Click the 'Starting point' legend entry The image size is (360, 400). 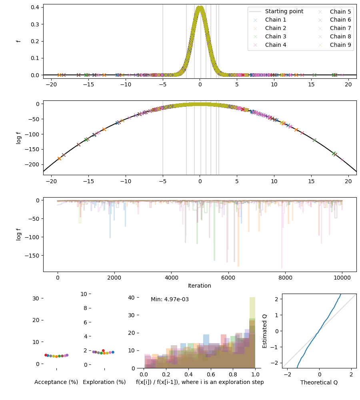[284, 11]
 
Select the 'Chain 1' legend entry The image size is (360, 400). [276, 20]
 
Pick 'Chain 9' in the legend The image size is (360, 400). [340, 45]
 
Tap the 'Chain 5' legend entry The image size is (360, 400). [340, 11]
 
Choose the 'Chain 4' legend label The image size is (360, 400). [276, 45]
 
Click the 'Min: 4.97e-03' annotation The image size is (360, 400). [170, 299]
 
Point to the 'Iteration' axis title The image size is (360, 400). [200, 286]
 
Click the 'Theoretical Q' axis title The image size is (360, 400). [319, 382]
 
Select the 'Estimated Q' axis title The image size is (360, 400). [264, 331]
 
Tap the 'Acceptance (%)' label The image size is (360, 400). [56, 382]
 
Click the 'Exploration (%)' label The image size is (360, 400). [104, 382]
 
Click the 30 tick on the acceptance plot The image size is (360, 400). [35, 298]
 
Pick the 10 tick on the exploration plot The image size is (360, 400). [84, 294]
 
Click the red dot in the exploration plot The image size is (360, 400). [103, 350]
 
